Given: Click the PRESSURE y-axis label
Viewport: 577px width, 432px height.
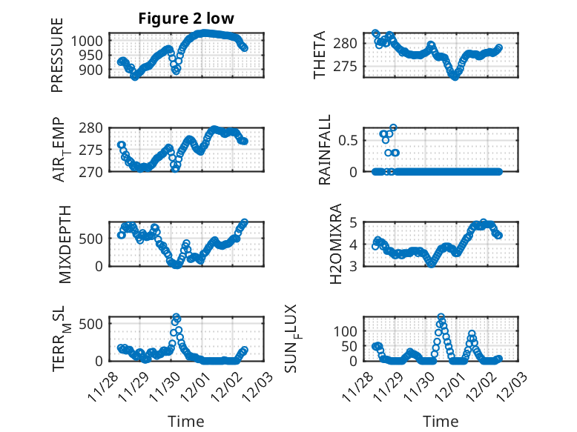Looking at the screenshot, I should (x=58, y=64).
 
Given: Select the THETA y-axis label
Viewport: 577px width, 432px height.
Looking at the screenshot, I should (x=320, y=55).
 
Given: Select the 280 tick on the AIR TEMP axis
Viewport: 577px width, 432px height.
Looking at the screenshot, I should (x=93, y=127).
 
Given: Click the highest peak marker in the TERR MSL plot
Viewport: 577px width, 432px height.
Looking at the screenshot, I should (x=177, y=317).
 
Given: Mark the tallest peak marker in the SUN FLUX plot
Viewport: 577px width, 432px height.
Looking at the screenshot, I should (x=441, y=318).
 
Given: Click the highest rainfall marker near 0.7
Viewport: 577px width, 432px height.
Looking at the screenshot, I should (x=393, y=127).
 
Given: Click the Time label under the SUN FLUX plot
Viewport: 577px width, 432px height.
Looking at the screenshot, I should (x=441, y=422).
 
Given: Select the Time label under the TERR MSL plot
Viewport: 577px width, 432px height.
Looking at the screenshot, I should (x=185, y=422).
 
